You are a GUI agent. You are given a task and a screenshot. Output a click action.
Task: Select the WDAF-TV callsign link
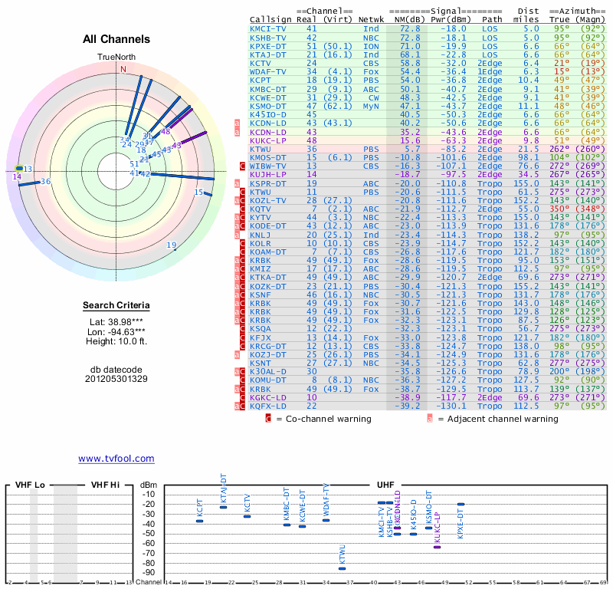tap(268, 71)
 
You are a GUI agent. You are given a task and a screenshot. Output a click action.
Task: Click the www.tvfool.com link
tap(116, 459)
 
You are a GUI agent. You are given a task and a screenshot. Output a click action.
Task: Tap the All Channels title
tap(116, 39)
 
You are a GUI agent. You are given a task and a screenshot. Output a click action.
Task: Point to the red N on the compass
tap(123, 69)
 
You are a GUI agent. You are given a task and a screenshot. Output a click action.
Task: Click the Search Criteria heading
tap(116, 306)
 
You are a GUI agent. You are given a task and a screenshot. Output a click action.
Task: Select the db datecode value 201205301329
tap(116, 379)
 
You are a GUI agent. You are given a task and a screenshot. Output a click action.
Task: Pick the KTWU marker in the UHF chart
tap(342, 568)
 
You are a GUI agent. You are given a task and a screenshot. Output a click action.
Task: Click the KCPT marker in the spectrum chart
tap(199, 521)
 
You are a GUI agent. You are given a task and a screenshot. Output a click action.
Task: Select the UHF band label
tap(385, 485)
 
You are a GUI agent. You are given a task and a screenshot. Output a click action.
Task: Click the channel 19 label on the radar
tap(172, 245)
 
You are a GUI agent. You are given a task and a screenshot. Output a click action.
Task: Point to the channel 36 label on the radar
tap(46, 182)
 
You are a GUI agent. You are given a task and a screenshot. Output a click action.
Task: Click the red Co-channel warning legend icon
tap(268, 419)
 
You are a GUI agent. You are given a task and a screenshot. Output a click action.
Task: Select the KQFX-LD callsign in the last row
tap(267, 405)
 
